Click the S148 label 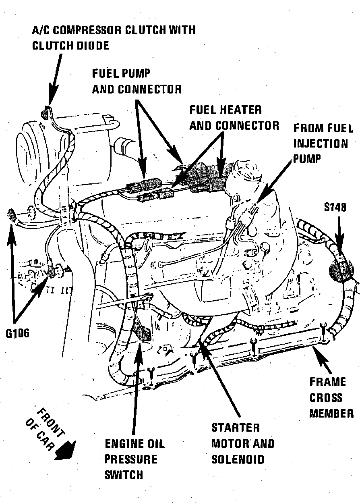point(335,207)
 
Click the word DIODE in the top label point(92,45)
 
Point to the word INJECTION point(320,143)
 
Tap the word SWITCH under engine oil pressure point(124,475)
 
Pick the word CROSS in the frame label point(326,397)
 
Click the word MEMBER point(331,413)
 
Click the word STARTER point(236,428)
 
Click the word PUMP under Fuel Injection point(307,159)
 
